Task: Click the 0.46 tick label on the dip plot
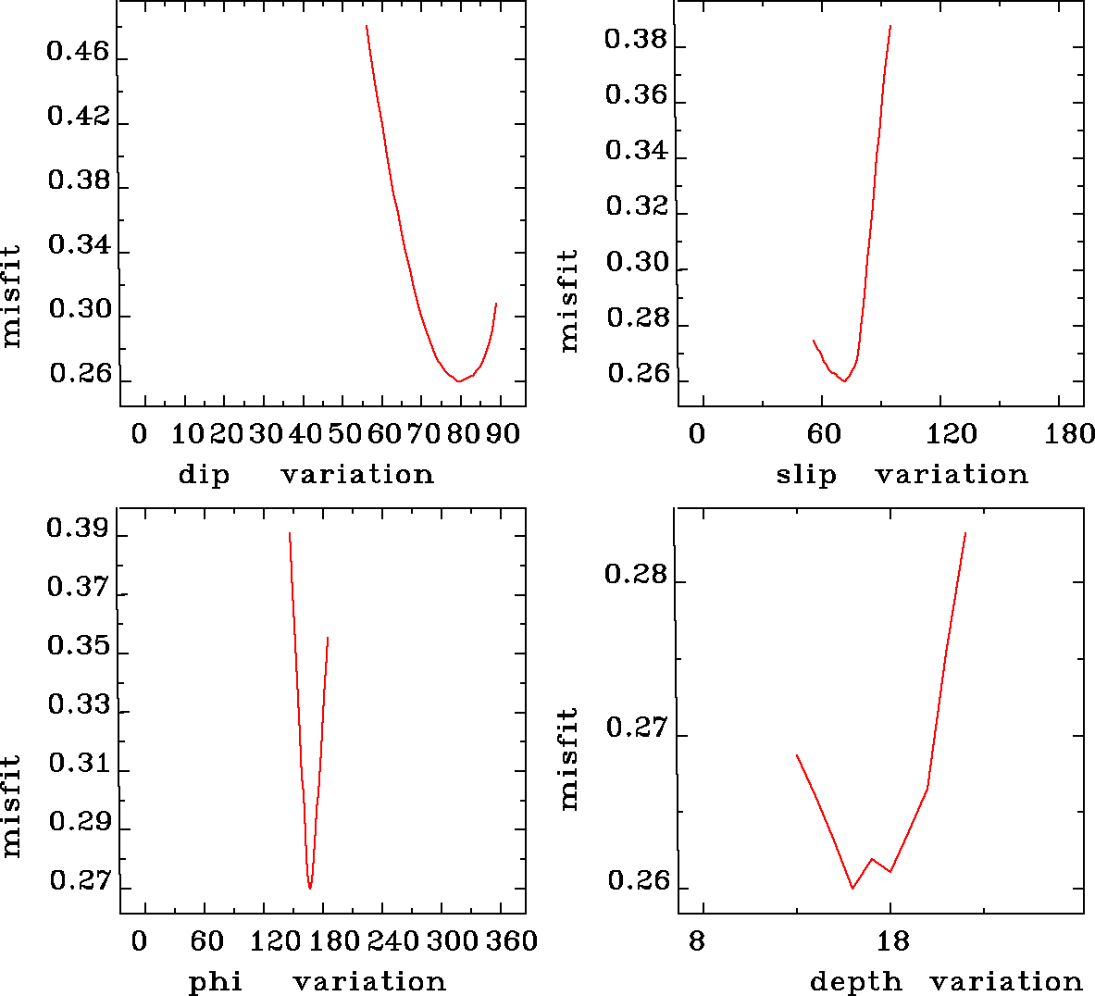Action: (x=78, y=52)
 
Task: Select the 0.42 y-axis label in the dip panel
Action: (x=78, y=117)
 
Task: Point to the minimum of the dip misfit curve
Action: (x=457, y=380)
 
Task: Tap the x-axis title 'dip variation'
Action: (x=305, y=475)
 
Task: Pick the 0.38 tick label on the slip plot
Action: (x=636, y=39)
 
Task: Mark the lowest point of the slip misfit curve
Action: (x=844, y=381)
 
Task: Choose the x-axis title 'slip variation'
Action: (x=902, y=475)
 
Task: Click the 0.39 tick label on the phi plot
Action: (x=78, y=529)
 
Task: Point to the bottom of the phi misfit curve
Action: (x=310, y=888)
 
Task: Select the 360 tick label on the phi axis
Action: (x=511, y=942)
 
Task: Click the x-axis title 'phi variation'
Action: (x=317, y=981)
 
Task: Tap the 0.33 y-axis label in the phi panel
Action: (x=78, y=705)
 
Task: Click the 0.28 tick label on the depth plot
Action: (x=636, y=575)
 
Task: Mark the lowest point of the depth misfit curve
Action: (x=852, y=888)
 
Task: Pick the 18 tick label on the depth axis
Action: (x=892, y=942)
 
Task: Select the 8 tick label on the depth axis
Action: (x=696, y=942)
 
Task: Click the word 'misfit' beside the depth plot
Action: (x=568, y=759)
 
